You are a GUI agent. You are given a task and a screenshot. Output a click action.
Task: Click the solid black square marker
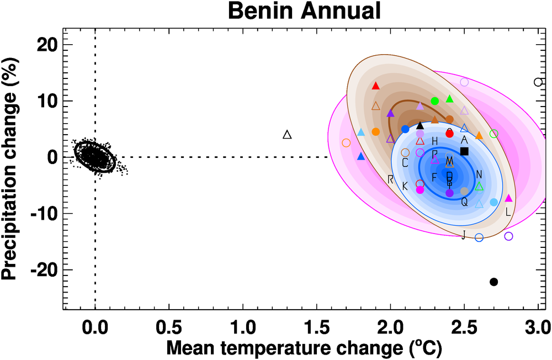[464, 151]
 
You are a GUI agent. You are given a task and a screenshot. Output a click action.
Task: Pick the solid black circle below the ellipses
[494, 282]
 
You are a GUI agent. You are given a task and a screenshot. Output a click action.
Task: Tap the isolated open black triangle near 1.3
[287, 135]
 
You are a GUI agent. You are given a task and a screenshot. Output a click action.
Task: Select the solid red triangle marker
[376, 86]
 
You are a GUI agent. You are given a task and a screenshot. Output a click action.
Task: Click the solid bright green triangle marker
[449, 99]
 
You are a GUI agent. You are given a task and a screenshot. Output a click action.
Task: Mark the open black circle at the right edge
[538, 82]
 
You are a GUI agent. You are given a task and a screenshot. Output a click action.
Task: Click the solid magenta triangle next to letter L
[508, 198]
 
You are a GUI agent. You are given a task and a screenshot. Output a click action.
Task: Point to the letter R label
[390, 179]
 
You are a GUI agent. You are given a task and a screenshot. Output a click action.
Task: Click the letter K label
[405, 187]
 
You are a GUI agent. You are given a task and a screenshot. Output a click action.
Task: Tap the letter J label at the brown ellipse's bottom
[464, 235]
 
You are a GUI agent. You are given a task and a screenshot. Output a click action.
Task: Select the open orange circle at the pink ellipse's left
[346, 142]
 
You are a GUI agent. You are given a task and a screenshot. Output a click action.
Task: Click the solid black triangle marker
[420, 125]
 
